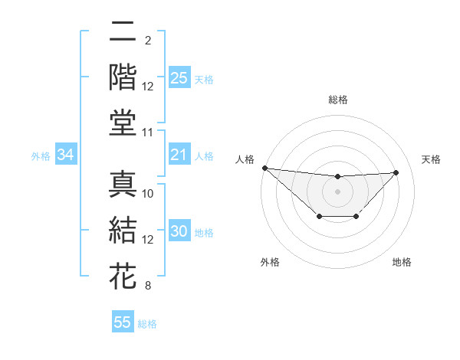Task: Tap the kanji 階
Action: point(123,76)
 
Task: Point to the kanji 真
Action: point(123,185)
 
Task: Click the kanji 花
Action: point(123,275)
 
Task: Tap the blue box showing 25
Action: point(179,77)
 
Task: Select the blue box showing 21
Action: point(179,155)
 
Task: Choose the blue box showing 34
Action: point(65,155)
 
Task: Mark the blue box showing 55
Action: point(123,322)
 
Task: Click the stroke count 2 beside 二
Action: point(148,40)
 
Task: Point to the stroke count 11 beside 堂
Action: point(148,132)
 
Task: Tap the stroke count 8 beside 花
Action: point(148,286)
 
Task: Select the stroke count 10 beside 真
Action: point(148,194)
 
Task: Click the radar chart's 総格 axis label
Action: point(338,100)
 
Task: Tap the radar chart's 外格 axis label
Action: point(269,262)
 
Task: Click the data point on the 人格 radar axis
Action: point(264,168)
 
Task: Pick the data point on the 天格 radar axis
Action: point(396,172)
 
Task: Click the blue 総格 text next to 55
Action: point(147,323)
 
